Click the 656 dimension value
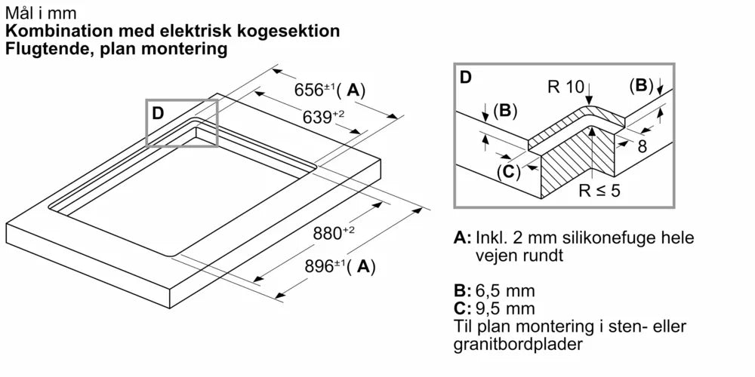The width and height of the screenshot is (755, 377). coord(307,90)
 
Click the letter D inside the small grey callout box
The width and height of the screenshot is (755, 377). coord(158,113)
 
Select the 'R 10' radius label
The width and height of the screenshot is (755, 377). coord(565,87)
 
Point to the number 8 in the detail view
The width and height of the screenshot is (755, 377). coord(642,146)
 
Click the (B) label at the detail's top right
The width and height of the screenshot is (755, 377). coord(641,86)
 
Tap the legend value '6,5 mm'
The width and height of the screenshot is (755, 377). coord(505,290)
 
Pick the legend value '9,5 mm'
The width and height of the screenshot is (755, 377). coord(505,308)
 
